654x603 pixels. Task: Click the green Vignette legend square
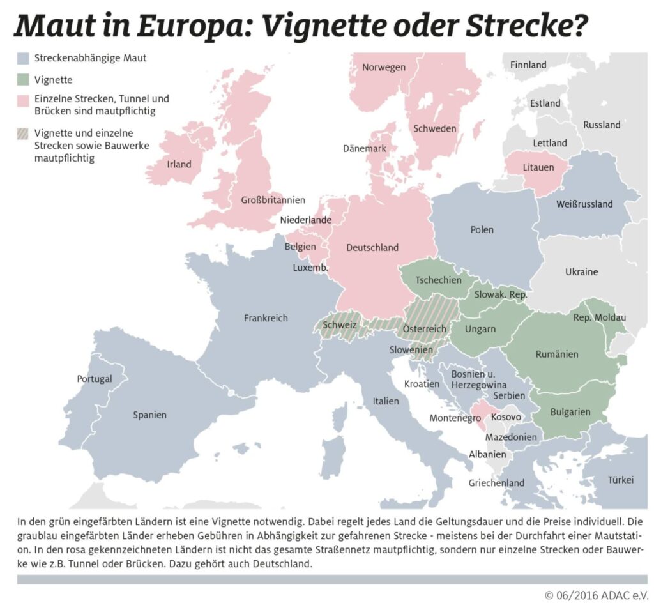(23, 80)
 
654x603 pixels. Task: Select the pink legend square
(23, 101)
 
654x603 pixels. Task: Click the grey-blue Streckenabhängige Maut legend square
(23, 59)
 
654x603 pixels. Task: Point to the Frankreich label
(266, 317)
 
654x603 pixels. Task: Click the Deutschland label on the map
(372, 247)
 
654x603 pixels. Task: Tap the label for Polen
(482, 230)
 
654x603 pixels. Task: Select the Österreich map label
(424, 329)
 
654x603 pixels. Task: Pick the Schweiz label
(339, 324)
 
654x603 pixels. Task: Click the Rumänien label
(557, 354)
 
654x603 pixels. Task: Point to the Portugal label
(95, 379)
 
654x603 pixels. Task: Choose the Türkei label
(621, 480)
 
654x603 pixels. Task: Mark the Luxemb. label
(310, 268)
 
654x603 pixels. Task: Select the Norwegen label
(384, 67)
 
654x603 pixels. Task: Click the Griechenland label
(496, 483)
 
